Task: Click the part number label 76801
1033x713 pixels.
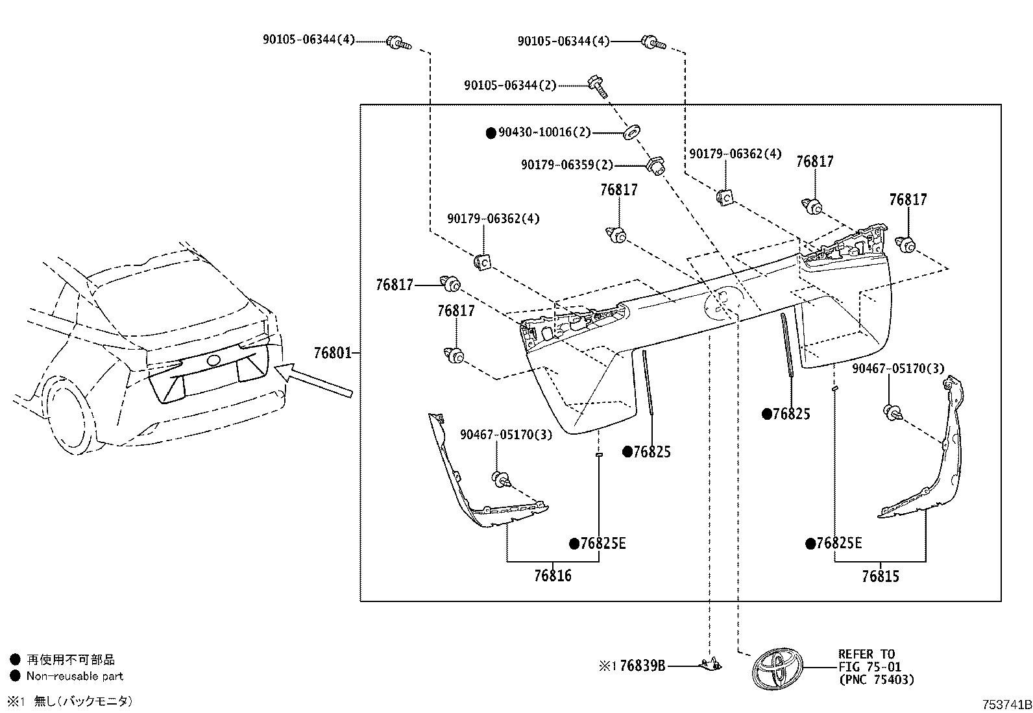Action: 332,354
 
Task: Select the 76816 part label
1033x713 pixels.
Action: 553,575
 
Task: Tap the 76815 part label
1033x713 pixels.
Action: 880,576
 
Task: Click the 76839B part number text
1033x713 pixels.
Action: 642,666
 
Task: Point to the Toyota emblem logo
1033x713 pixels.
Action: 777,669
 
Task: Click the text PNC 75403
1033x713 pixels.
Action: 876,680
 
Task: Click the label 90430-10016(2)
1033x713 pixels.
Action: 544,133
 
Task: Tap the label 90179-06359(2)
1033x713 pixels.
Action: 567,165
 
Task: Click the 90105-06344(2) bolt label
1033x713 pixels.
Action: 510,85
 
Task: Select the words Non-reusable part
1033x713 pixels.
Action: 75,676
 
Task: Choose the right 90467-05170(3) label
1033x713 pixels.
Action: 898,369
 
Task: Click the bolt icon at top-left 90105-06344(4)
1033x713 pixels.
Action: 398,43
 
